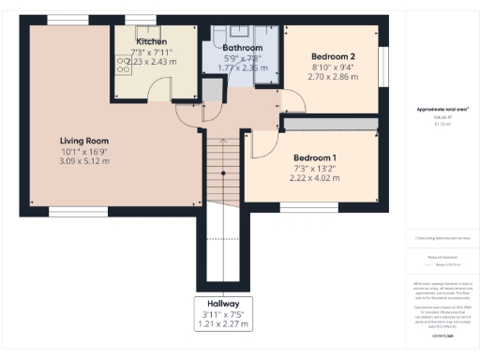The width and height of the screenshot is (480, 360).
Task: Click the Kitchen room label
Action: pos(151,42)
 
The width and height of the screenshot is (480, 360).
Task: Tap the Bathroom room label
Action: pos(241,47)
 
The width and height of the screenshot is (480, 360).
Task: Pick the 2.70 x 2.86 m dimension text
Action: pos(334,79)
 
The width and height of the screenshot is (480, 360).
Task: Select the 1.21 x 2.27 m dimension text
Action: pos(223,325)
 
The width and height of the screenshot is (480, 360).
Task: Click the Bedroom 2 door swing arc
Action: pos(293,97)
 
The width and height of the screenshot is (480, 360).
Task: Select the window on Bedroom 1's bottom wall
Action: pos(301,208)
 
